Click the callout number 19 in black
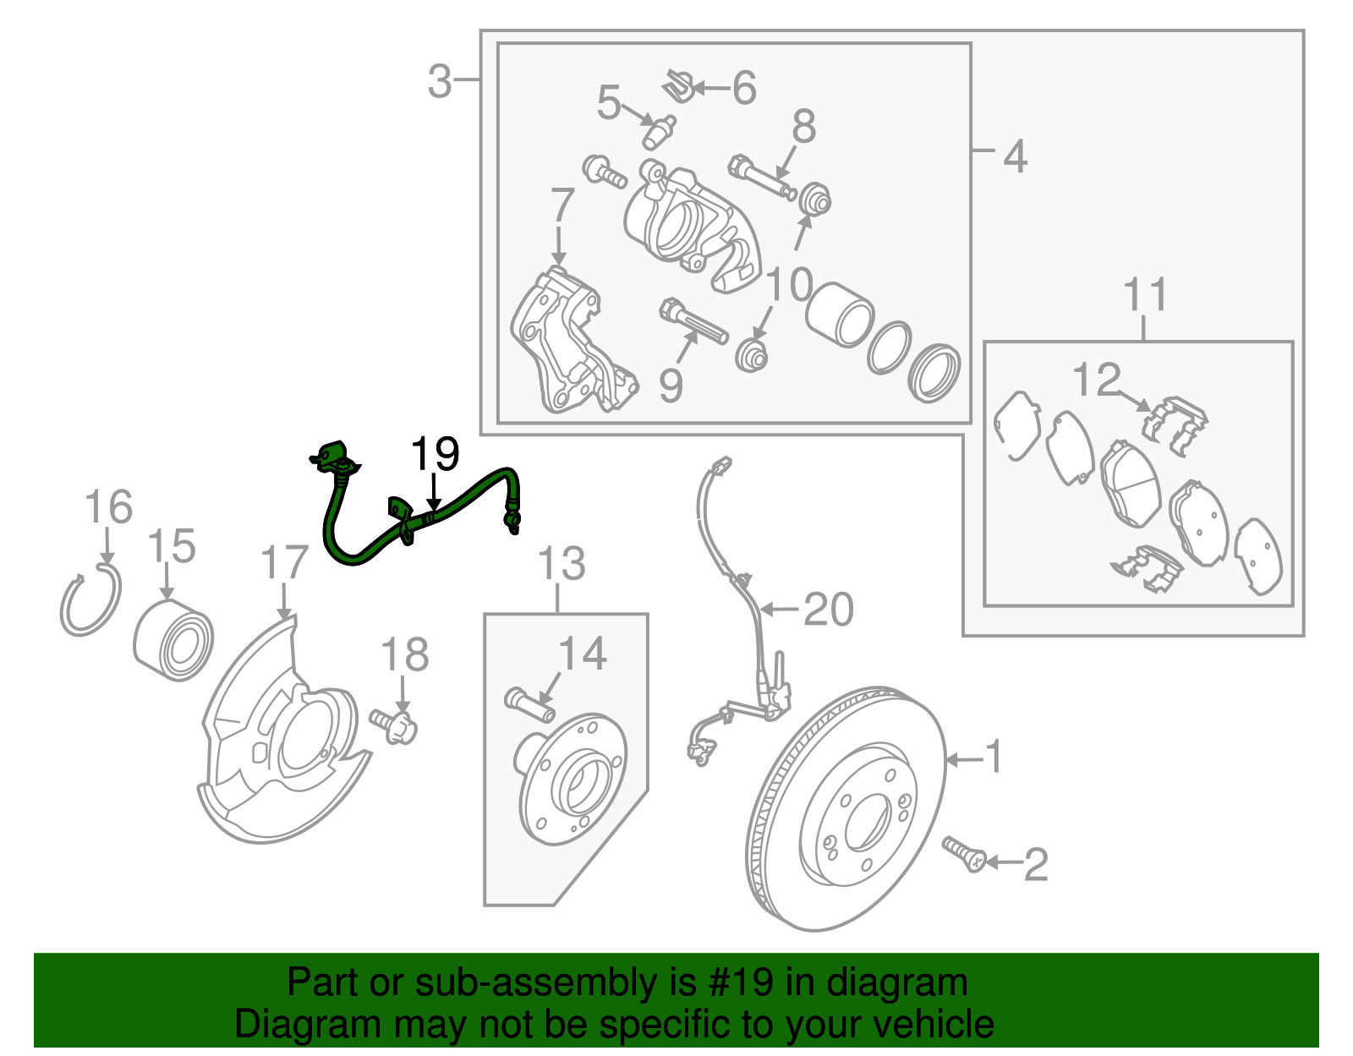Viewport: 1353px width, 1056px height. [x=435, y=455]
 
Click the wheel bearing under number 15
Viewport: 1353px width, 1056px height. [x=173, y=642]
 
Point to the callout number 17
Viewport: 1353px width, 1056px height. [x=284, y=563]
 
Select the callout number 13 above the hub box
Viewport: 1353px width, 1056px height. [x=561, y=564]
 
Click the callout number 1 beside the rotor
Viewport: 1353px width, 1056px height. [x=994, y=756]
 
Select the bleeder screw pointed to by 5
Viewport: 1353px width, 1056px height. [x=659, y=132]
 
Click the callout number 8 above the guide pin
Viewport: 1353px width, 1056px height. [x=803, y=127]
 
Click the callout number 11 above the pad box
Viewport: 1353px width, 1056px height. [x=1145, y=295]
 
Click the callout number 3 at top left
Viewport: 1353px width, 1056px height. [x=440, y=82]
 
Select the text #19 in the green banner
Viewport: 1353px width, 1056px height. [x=734, y=982]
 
